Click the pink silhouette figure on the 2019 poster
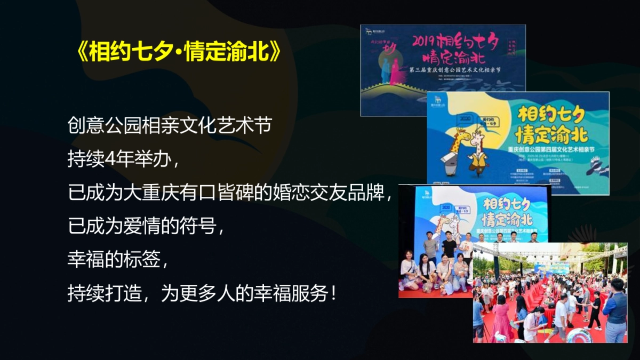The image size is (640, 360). tap(395, 74)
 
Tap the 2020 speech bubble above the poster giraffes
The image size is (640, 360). tap(463, 119)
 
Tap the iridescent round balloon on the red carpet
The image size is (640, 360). tap(578, 335)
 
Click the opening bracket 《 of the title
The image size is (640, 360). tap(81, 53)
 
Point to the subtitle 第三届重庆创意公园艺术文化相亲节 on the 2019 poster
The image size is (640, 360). tap(456, 70)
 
